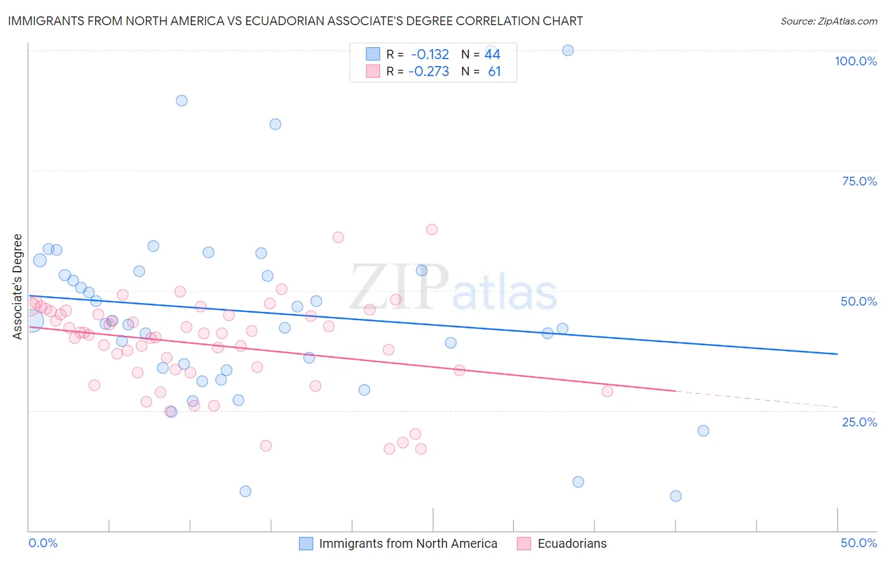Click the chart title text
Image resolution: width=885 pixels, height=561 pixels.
point(295,21)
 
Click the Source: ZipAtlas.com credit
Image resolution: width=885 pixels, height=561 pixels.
point(828,21)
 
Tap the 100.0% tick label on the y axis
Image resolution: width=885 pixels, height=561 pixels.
point(855,61)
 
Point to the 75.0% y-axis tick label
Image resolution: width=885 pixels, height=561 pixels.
point(859,181)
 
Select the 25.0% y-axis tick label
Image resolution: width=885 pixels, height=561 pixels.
point(859,421)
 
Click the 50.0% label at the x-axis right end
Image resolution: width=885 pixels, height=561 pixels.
point(859,543)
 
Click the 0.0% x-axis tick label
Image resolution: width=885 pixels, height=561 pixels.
point(43,543)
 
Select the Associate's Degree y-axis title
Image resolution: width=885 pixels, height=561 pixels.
point(18,286)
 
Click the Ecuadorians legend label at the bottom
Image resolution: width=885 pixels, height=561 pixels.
point(572,543)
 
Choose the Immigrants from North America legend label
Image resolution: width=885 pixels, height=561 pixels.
point(408,543)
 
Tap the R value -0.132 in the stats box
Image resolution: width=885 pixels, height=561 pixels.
point(429,54)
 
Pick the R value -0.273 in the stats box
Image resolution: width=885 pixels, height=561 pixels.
point(429,71)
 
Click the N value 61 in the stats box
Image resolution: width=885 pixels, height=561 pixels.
point(494,71)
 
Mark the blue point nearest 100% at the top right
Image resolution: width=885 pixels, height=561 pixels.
point(568,50)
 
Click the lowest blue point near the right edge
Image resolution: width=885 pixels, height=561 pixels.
point(675,496)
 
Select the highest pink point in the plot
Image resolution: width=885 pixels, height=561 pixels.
point(431,230)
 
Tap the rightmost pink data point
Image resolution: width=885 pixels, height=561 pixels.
point(607,391)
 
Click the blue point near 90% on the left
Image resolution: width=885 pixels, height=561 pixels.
point(181,101)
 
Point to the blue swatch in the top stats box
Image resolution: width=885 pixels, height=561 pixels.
point(373,54)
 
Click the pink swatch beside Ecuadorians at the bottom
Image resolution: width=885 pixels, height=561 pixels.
point(524,543)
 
